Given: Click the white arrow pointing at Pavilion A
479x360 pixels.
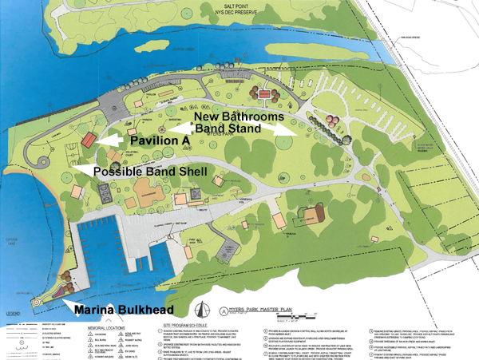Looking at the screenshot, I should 113,140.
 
